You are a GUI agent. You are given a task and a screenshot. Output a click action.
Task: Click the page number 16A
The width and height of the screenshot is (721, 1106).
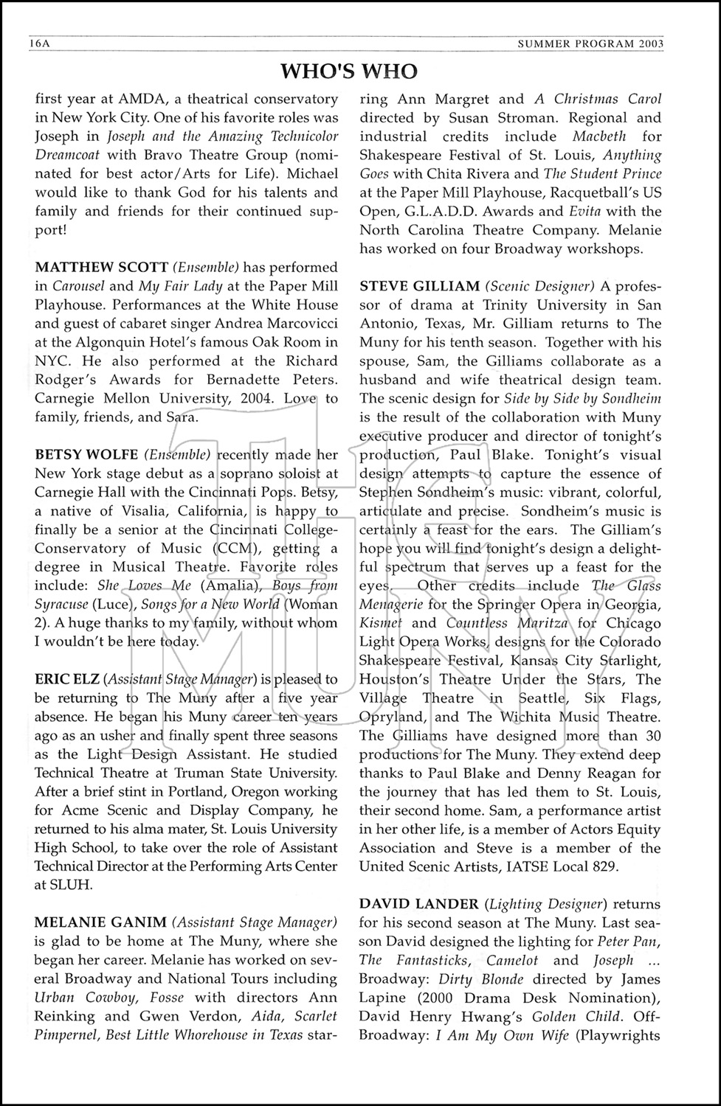38,44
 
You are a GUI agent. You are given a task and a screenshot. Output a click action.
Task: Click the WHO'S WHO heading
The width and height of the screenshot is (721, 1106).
349,72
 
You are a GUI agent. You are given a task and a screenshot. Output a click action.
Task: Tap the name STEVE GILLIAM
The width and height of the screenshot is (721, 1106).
419,285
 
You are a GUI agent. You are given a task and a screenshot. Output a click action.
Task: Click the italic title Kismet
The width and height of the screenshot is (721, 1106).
380,623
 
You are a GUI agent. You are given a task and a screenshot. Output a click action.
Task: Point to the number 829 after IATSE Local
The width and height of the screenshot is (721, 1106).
603,866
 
